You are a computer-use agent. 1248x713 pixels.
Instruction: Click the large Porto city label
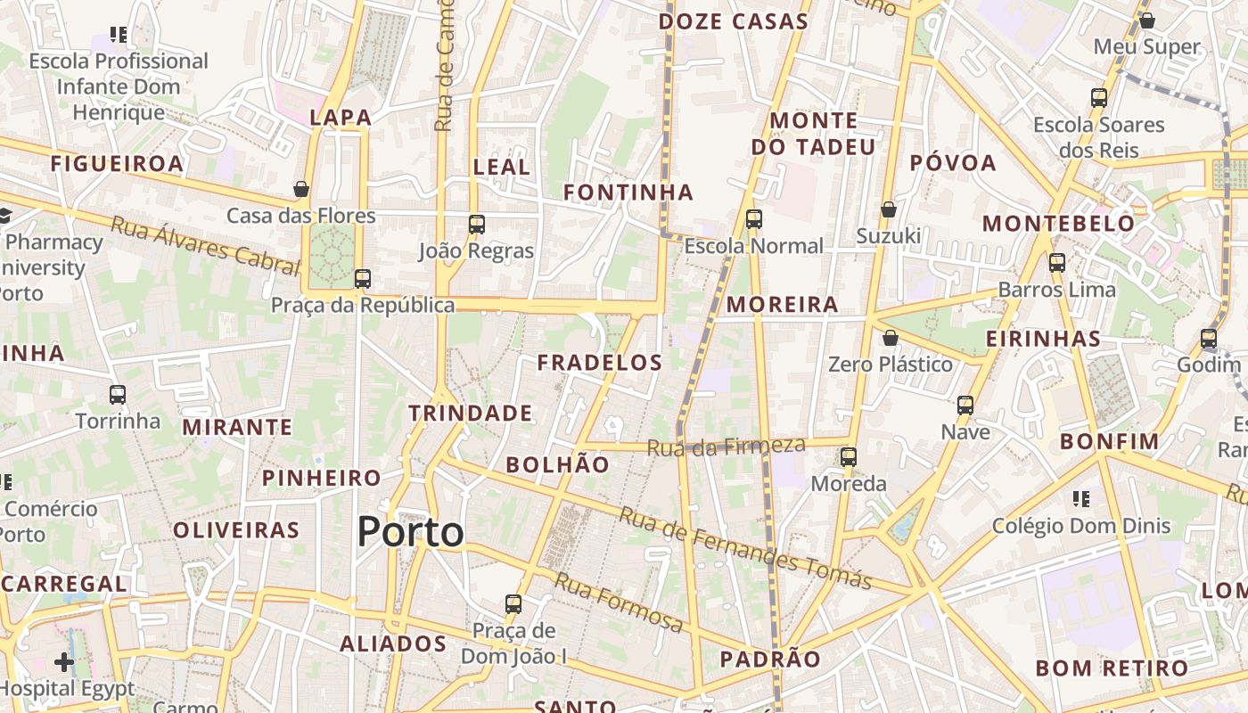[x=410, y=532]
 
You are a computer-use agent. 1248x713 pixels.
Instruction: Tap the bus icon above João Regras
[x=477, y=224]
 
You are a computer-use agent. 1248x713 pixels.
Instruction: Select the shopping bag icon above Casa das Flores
[x=301, y=189]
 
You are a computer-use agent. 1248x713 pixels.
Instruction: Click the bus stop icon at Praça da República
[x=362, y=278]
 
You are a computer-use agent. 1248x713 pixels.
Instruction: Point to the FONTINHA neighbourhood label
[x=628, y=192]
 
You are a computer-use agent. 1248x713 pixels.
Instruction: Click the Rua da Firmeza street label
[x=726, y=446]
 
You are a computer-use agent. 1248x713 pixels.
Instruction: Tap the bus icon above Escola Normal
[x=754, y=218]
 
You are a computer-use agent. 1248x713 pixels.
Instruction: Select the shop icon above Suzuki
[x=889, y=209]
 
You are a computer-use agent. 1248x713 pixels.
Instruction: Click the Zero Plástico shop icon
[x=890, y=338]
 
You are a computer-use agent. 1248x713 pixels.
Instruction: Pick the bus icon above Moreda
[x=849, y=457]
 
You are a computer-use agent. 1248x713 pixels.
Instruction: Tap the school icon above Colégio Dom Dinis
[x=1081, y=498]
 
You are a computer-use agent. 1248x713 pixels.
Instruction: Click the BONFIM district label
[x=1109, y=441]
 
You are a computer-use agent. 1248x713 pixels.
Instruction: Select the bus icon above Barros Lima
[x=1057, y=262]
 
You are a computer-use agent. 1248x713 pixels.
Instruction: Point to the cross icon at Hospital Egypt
[x=64, y=661]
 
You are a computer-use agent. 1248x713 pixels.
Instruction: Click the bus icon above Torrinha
[x=118, y=394]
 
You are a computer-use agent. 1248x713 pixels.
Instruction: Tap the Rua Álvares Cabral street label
[x=204, y=243]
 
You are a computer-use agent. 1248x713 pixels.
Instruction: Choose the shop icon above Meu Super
[x=1147, y=20]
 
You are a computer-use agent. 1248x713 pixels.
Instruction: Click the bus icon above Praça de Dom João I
[x=513, y=603]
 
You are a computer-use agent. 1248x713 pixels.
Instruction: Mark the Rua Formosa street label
[x=619, y=603]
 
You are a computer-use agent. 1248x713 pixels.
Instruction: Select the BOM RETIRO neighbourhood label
[x=1111, y=668]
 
